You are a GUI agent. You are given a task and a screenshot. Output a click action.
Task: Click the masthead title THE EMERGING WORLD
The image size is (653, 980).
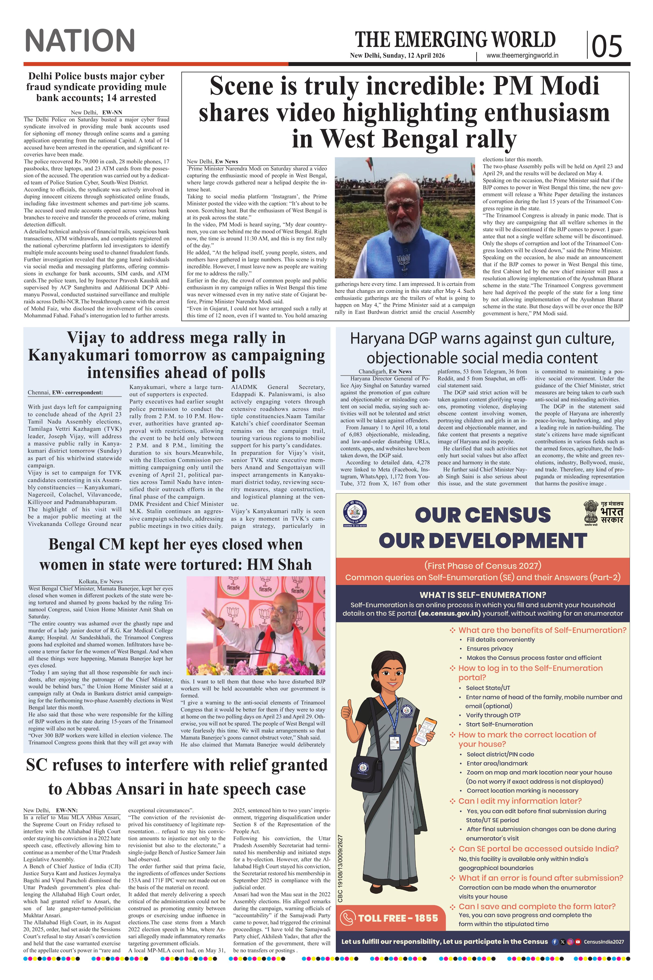click(x=455, y=40)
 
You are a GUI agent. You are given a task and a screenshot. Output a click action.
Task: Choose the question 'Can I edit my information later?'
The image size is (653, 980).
click(x=520, y=801)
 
